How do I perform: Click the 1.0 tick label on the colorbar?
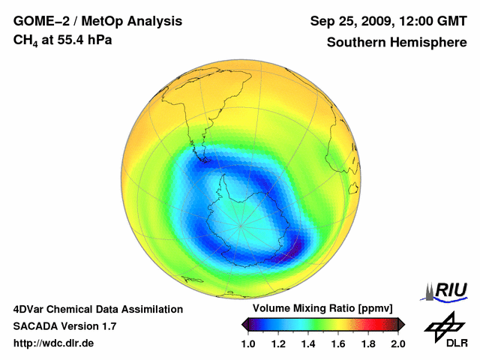click(x=249, y=343)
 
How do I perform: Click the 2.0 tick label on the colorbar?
click(x=398, y=343)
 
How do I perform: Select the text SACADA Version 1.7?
click(x=64, y=326)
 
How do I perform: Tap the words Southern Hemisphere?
click(x=397, y=42)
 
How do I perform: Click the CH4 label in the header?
click(x=28, y=40)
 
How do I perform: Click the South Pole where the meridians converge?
click(x=241, y=224)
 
